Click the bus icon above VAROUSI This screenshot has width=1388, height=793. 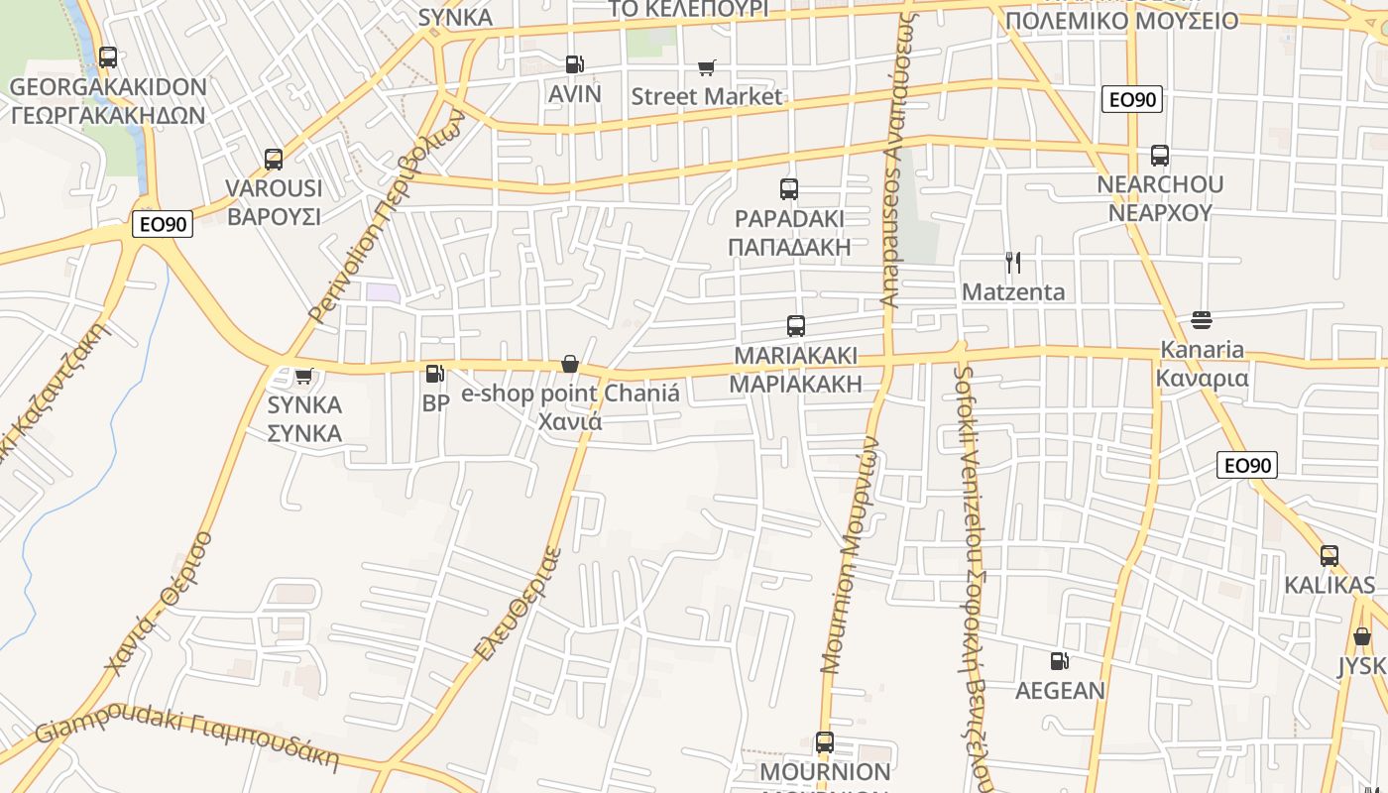(274, 159)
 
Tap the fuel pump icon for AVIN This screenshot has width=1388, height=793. (574, 64)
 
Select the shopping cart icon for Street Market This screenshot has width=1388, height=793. (706, 67)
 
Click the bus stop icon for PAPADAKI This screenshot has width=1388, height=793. (789, 189)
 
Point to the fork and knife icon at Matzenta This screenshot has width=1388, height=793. (1012, 263)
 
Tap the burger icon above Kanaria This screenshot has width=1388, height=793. (1202, 320)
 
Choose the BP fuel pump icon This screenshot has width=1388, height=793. (434, 374)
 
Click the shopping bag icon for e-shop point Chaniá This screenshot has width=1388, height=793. (570, 365)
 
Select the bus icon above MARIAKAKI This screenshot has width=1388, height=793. (795, 325)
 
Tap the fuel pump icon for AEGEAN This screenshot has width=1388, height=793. (1059, 661)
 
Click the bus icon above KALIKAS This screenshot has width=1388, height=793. (1330, 556)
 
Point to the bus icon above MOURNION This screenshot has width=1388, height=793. (824, 741)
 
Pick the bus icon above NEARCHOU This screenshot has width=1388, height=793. (1160, 156)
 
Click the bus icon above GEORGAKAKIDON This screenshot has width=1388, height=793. (108, 57)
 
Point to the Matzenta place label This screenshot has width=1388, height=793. (1013, 291)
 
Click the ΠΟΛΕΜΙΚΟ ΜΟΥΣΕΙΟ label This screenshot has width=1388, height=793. (1121, 21)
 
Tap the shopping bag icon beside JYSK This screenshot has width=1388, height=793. (1362, 636)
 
